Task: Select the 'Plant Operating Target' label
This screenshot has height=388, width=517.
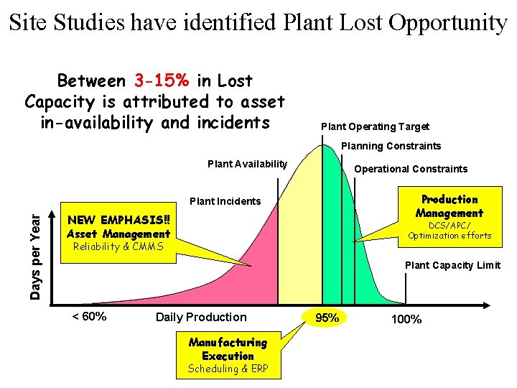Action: pyautogui.click(x=375, y=126)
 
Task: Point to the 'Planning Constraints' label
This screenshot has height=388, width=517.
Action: pyautogui.click(x=391, y=146)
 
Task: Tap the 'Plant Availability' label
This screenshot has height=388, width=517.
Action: pyautogui.click(x=247, y=165)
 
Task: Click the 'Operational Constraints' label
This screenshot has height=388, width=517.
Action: pyautogui.click(x=411, y=169)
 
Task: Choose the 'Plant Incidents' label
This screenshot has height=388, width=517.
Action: pyautogui.click(x=225, y=201)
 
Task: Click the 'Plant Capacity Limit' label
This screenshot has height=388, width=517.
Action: pyautogui.click(x=452, y=265)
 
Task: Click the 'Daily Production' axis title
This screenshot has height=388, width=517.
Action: pyautogui.click(x=200, y=317)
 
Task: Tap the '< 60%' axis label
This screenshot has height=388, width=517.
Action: pyautogui.click(x=89, y=316)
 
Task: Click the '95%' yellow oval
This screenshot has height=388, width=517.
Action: pyautogui.click(x=327, y=318)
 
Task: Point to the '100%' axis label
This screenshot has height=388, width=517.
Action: pyautogui.click(x=406, y=318)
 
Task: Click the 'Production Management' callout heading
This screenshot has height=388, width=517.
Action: pyautogui.click(x=450, y=206)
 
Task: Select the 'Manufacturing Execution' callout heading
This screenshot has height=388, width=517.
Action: pyautogui.click(x=228, y=349)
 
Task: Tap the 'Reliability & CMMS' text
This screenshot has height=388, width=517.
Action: pyautogui.click(x=118, y=247)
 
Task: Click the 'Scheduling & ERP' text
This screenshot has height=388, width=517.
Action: pyautogui.click(x=228, y=369)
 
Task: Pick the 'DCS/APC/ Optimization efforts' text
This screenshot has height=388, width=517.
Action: pyautogui.click(x=450, y=230)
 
